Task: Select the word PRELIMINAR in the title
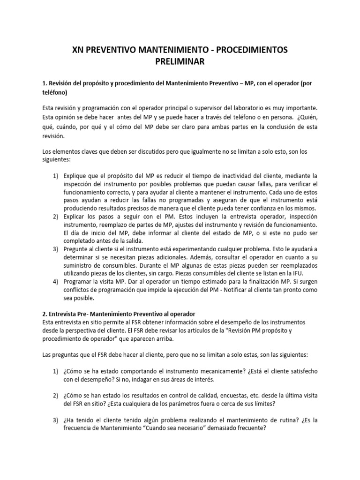click(x=180, y=61)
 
